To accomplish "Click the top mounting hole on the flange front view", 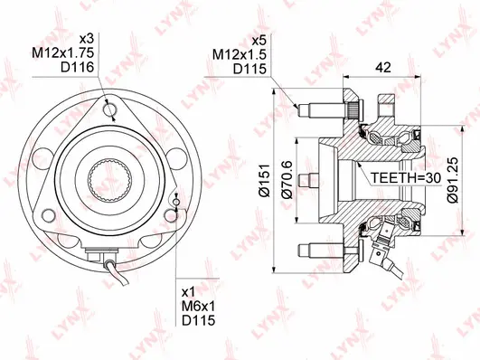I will coord(109,110).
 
